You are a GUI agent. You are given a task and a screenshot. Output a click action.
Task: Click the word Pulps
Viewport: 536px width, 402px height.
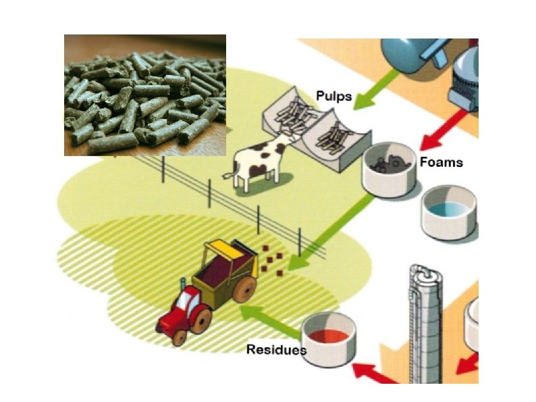334,96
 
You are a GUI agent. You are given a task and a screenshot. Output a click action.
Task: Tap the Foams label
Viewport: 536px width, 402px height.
441,163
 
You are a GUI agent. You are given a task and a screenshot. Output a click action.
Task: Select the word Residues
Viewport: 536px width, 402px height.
276,349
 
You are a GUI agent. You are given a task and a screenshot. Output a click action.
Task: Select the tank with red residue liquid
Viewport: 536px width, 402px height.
327,336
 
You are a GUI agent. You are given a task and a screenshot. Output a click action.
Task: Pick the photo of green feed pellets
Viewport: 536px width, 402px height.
145,95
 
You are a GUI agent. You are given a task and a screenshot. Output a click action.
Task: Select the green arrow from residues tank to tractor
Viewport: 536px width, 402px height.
270,321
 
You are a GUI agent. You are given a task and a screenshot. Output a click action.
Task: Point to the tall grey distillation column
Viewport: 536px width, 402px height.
424,324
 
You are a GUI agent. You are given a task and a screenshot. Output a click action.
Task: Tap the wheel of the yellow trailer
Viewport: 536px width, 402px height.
244,290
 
